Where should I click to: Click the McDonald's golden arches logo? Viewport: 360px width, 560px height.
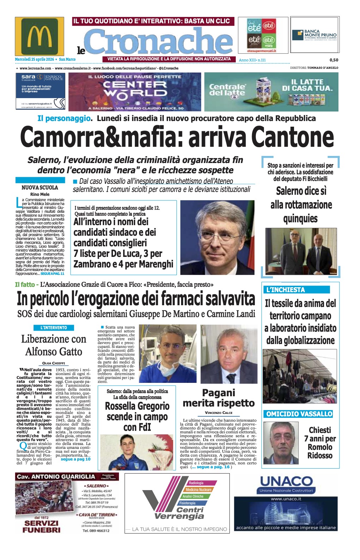[x=40, y=36]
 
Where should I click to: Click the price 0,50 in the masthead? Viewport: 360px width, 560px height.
[x=334, y=60]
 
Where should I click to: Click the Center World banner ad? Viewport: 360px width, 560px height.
[x=135, y=92]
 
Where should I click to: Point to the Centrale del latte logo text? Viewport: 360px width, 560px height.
[x=227, y=90]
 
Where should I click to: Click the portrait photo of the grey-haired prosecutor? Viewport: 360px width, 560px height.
[x=217, y=237]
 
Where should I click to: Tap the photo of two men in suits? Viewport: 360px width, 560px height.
[x=301, y=251]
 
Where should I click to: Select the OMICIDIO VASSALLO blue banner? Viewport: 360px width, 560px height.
[x=299, y=414]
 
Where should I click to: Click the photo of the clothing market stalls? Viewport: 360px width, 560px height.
[x=300, y=376]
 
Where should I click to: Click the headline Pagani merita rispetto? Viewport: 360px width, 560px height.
[x=218, y=398]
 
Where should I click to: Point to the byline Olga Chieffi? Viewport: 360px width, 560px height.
[x=54, y=363]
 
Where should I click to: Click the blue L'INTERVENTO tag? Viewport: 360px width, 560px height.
[x=54, y=328]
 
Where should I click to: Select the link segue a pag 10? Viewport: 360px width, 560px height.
[x=76, y=459]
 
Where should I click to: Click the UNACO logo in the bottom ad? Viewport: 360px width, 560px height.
[x=286, y=481]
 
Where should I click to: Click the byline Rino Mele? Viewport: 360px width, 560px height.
[x=40, y=194]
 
